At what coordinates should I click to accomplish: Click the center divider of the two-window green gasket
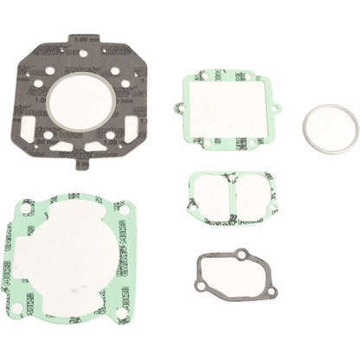pos(231,198)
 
